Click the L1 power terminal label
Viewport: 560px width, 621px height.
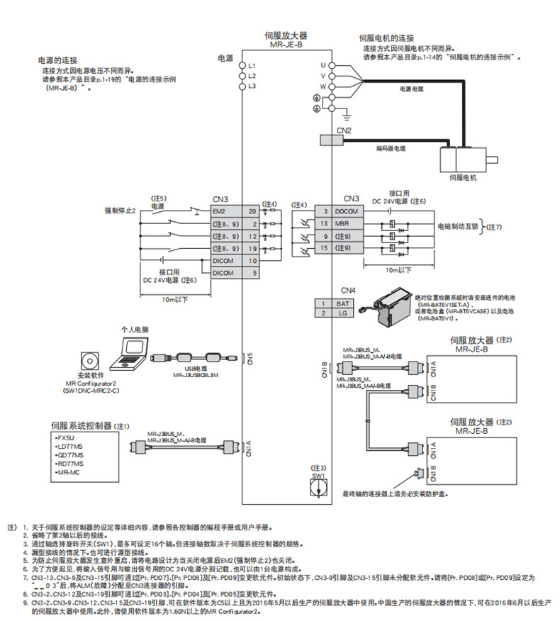coord(251,65)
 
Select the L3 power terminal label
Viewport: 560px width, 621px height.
coord(251,86)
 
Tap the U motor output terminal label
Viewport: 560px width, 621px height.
coord(323,65)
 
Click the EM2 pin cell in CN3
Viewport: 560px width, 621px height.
coord(227,211)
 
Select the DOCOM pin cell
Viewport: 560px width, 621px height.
coord(347,211)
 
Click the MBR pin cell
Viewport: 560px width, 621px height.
coord(347,223)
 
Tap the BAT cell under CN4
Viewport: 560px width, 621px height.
coord(342,303)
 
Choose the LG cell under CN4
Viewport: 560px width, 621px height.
coord(342,313)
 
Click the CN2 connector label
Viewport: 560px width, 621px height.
coord(344,130)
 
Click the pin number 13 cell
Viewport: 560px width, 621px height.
coord(323,223)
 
